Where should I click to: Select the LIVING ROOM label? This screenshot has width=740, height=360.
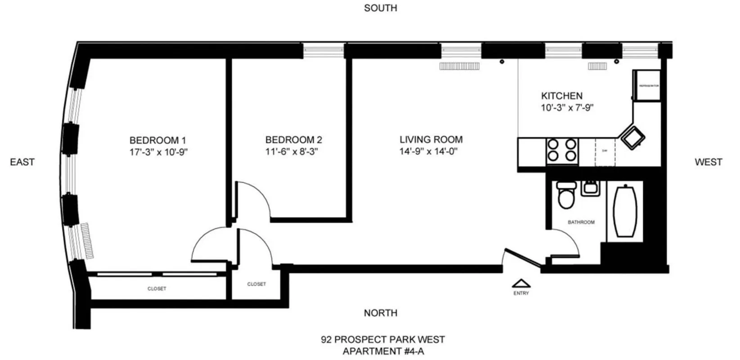point(431,140)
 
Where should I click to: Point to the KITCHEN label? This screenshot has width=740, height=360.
point(561,96)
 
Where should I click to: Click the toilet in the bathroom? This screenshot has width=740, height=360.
point(565,194)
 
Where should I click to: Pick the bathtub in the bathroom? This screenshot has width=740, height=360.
point(625,211)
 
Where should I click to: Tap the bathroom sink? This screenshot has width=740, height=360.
point(589,188)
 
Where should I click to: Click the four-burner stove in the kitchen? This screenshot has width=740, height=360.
point(562,150)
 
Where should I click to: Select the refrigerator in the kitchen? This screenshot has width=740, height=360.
point(647,85)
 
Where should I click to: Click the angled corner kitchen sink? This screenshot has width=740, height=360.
point(633,136)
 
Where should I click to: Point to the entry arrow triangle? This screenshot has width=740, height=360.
point(521,283)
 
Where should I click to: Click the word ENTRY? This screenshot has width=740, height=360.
point(521,293)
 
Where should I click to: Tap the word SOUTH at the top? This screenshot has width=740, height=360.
point(381,8)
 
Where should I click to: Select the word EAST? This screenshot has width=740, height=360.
point(22,162)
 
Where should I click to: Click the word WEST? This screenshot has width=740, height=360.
point(708,162)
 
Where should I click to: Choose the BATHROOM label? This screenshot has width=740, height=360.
point(581,222)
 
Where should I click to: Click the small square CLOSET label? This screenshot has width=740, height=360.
point(256,284)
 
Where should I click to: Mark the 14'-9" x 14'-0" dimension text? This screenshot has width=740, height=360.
point(428,152)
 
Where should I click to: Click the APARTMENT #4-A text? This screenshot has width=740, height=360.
point(383,351)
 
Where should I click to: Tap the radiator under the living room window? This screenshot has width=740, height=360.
point(460,66)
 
